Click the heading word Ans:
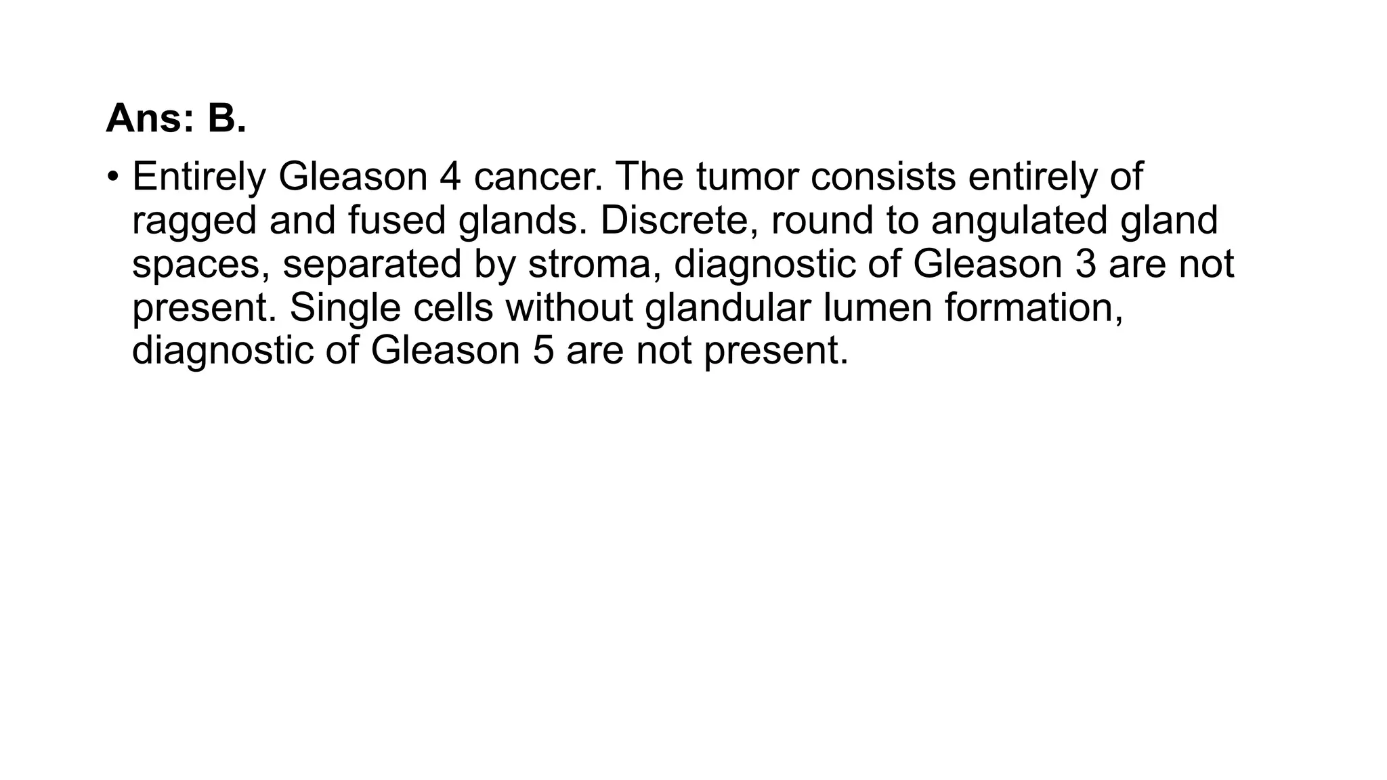pos(150,118)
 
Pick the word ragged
pos(194,221)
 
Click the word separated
pos(372,265)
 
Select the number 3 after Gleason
pos(1086,265)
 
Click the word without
pos(569,308)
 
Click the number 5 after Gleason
pos(543,351)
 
